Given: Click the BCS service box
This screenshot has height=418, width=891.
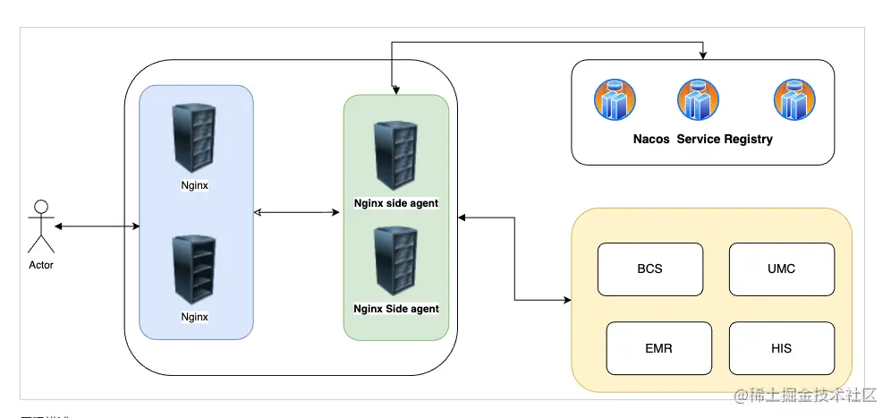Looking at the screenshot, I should coord(650,269).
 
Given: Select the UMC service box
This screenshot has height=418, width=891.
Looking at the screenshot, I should coord(781,269).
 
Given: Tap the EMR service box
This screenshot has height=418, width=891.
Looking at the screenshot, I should coord(658,348).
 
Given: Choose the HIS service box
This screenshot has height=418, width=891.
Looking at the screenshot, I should coord(781,348).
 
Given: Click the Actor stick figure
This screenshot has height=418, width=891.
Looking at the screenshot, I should coord(40,227).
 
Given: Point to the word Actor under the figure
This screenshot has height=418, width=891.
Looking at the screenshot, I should coord(41,265).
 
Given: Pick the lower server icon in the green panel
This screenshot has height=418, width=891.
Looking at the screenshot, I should coord(395,260).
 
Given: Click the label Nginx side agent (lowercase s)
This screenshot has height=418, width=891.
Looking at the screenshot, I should coord(396,203).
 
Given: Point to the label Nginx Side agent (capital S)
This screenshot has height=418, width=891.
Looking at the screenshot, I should coord(396,309).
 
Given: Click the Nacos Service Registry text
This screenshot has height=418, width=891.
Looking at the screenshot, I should coord(703,140).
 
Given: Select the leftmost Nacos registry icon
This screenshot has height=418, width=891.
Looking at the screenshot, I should coord(615,99).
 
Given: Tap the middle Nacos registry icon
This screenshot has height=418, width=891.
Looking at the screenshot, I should coord(698,99).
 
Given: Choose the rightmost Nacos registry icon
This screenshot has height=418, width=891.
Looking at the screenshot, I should coord(794,99).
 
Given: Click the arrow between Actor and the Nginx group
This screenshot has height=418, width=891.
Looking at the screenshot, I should coord(96,226).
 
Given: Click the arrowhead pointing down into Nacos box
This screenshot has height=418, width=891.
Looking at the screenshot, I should coord(703,55).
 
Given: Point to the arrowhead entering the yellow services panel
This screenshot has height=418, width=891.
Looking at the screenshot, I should coord(566,301).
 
